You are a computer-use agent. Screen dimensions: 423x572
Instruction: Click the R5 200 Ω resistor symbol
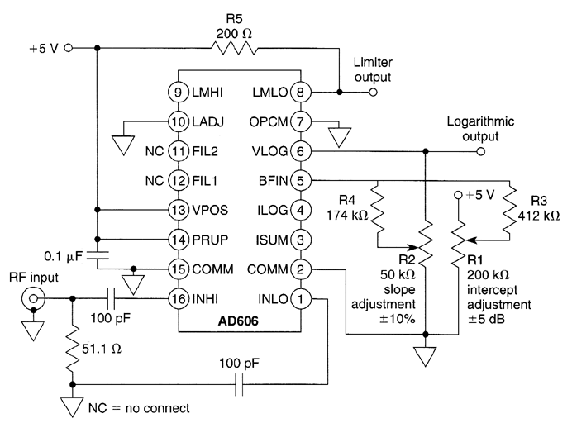(x=235, y=48)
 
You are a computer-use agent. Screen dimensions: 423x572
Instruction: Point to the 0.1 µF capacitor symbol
(x=97, y=254)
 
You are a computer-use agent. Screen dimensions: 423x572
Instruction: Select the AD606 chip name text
(x=233, y=319)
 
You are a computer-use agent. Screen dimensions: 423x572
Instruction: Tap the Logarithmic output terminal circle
(x=481, y=151)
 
